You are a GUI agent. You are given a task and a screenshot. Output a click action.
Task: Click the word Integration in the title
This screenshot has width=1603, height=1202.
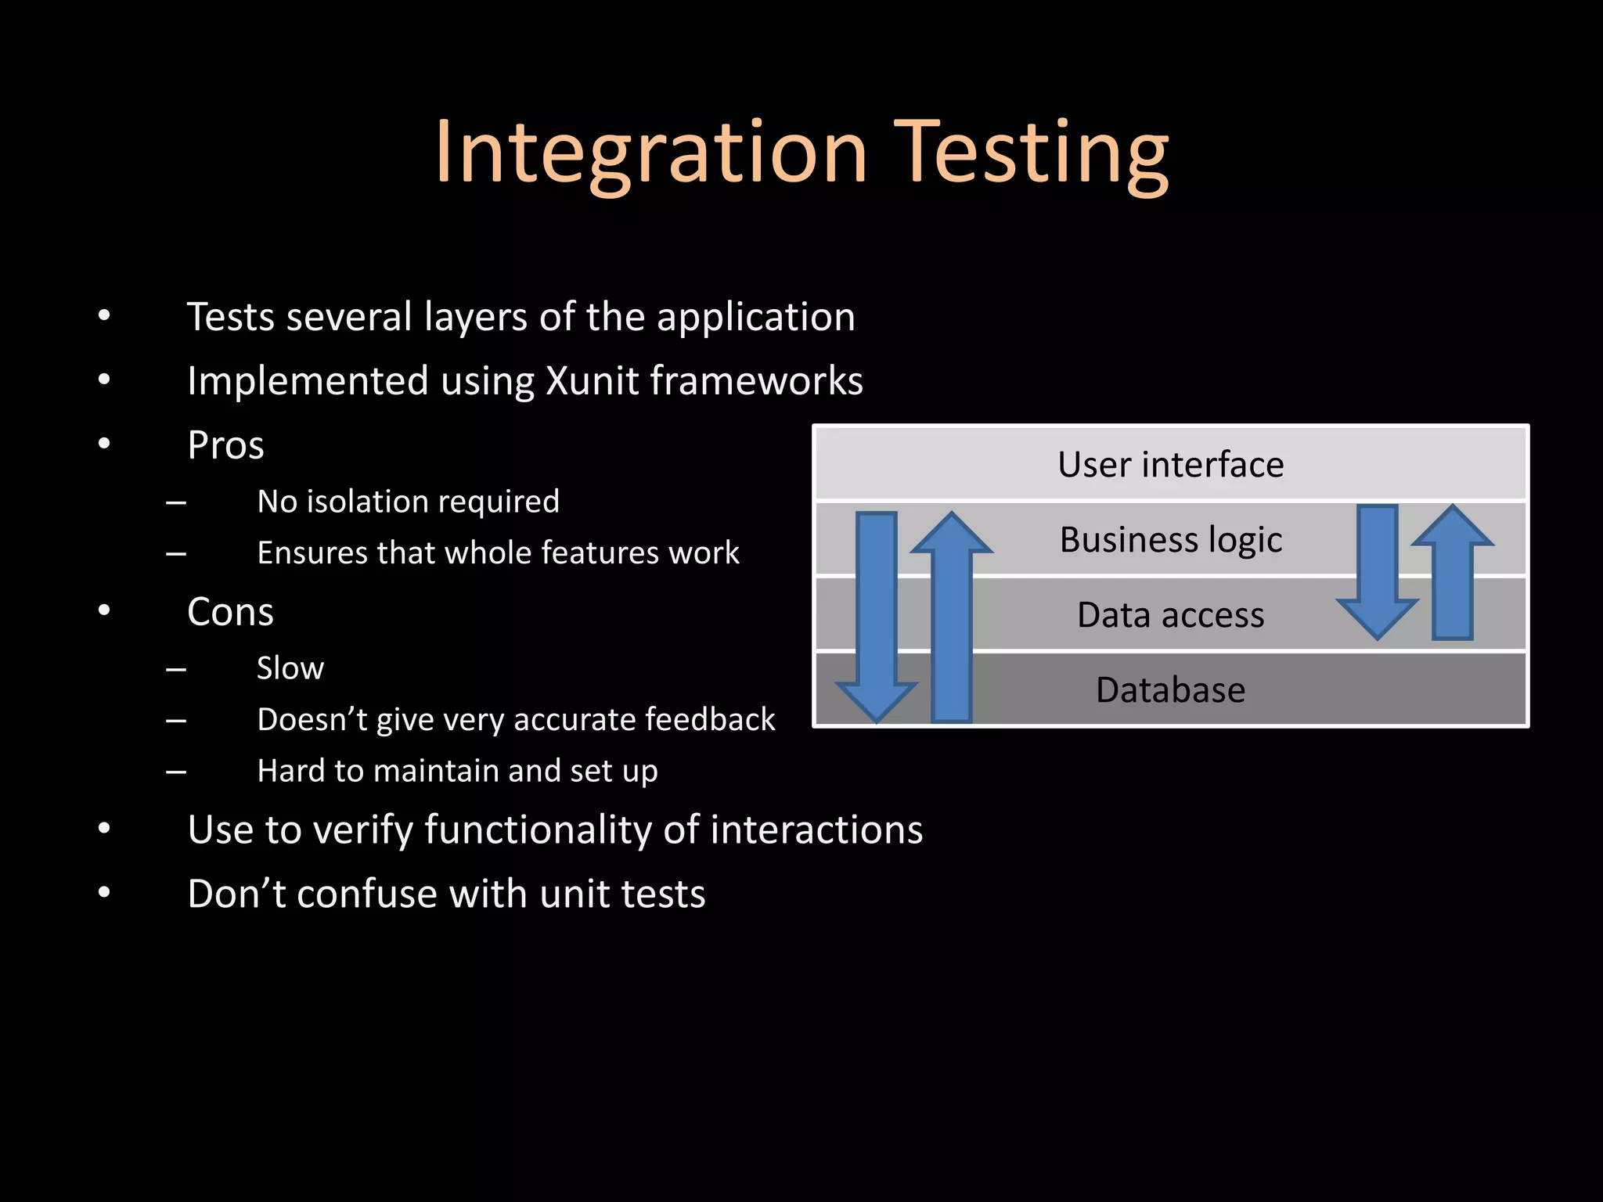[x=650, y=152]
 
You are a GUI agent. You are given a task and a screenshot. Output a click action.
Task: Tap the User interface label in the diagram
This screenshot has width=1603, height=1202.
[x=1170, y=465]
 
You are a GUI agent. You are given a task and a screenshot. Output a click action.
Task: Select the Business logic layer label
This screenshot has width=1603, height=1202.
[x=1170, y=540]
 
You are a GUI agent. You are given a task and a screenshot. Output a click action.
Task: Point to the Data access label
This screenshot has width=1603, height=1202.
[x=1170, y=615]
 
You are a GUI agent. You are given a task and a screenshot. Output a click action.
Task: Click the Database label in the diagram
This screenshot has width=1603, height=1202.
[x=1170, y=690]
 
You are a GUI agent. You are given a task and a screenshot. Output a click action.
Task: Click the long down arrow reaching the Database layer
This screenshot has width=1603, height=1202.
[x=877, y=610]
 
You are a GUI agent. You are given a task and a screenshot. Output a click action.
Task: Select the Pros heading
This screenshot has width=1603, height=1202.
[x=225, y=445]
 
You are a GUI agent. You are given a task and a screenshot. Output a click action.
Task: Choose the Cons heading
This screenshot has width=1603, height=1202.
[x=230, y=612]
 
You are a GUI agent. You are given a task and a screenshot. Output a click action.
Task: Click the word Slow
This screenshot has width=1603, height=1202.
[x=290, y=668]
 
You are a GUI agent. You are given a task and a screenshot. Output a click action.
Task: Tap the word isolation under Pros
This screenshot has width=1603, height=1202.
[x=361, y=502]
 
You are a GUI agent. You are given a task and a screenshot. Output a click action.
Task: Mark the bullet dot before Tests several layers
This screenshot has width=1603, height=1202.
[x=104, y=317]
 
